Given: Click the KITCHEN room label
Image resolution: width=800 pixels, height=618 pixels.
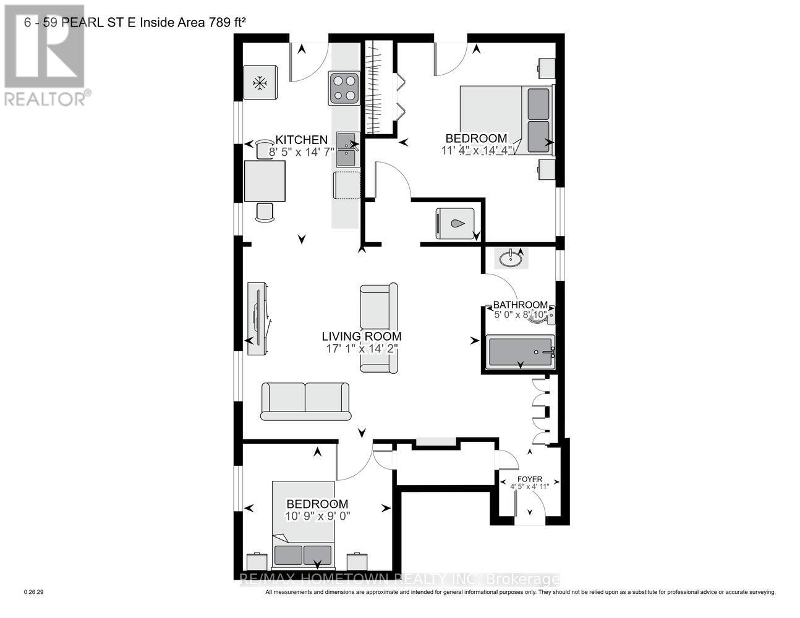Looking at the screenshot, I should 301,140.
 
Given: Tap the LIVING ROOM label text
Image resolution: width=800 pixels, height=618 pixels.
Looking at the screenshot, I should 362,337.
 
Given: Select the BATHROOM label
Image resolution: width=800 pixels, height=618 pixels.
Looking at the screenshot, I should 520,305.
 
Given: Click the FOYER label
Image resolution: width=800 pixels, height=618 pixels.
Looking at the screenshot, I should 530,479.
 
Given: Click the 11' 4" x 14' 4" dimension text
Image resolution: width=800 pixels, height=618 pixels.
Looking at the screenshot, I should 477,151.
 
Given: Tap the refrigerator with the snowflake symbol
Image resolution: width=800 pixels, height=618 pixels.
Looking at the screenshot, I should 260,83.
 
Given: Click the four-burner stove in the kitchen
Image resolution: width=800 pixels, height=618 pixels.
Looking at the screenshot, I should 344,87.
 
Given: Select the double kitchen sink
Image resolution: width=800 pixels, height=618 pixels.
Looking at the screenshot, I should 347,150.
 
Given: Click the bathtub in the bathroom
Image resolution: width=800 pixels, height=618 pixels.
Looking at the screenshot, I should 520,352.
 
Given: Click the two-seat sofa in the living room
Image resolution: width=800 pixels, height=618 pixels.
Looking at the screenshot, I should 305,401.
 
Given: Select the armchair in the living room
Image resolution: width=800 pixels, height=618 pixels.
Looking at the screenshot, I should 378,328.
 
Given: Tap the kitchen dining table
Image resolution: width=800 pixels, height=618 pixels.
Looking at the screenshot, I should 265,181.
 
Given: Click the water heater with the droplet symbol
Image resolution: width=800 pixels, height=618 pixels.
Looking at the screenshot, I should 456,223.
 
